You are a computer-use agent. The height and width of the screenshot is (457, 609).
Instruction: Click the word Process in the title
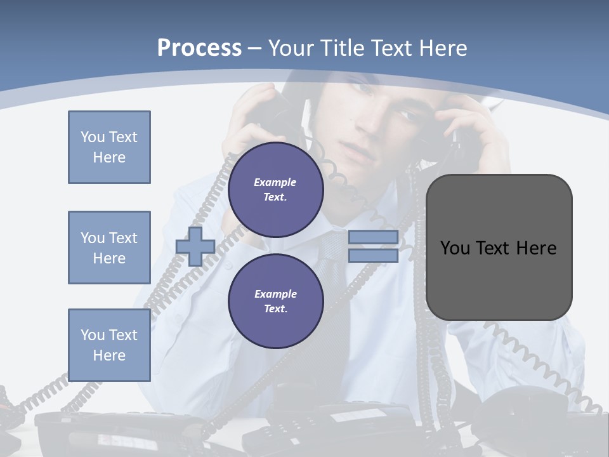199,48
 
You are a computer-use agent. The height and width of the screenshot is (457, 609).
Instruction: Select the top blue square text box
109,147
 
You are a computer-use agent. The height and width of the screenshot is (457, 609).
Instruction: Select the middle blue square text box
109,248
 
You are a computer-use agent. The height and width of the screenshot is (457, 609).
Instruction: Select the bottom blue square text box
109,345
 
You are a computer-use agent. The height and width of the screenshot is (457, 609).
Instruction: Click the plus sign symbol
195,247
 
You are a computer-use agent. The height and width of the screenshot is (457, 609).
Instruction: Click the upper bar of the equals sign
373,237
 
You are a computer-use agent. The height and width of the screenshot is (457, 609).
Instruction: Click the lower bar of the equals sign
373,256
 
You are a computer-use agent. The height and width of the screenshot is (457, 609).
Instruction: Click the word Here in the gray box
536,248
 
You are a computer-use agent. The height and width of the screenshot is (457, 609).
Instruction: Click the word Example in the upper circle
275,182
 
